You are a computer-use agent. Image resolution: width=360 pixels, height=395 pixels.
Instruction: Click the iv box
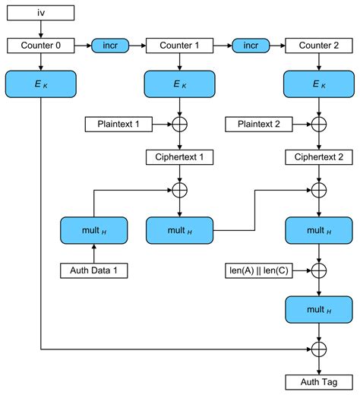41,13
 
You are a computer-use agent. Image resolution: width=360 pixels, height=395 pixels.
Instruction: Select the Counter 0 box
41,46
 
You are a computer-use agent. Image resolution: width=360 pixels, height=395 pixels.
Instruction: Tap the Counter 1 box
179,46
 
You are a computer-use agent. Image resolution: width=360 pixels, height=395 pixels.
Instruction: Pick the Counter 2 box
318,46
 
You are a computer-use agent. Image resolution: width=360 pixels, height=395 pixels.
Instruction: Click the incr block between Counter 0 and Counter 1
110,46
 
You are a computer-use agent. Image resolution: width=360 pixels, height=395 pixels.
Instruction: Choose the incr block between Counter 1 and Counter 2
249,46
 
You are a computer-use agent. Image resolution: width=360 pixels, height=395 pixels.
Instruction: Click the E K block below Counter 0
41,84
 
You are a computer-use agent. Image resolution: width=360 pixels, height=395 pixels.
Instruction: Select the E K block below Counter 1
179,84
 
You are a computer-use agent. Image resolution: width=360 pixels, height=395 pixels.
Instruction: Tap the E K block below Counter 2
318,84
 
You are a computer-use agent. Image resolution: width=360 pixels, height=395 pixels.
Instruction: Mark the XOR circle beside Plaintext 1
179,122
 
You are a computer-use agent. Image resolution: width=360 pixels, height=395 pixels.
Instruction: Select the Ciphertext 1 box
179,157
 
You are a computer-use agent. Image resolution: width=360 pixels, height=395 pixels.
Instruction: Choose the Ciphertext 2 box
318,157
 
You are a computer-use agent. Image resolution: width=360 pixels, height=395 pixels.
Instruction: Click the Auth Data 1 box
93,269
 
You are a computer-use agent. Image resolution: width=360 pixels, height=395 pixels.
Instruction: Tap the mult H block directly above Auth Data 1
93,229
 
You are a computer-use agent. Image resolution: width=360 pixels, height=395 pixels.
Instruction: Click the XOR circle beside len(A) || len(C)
318,269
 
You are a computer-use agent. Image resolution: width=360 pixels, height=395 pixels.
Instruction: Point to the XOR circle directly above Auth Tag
318,349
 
